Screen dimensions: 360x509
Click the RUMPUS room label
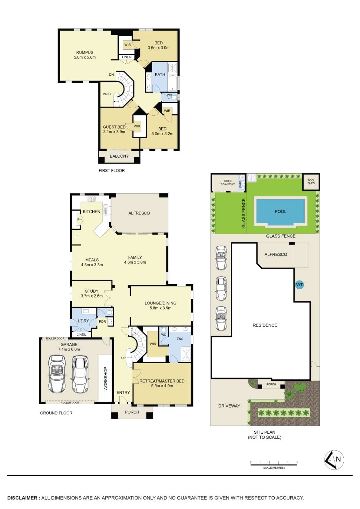85,52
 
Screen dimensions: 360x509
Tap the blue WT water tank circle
299,285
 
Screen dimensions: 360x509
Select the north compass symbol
334,459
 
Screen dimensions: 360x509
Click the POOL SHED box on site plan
311,182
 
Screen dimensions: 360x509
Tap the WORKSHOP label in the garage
105,379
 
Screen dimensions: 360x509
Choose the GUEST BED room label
114,127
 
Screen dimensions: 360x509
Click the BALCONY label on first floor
119,156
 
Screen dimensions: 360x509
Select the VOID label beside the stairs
107,94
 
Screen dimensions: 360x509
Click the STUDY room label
92,291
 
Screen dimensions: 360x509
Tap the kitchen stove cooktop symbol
91,199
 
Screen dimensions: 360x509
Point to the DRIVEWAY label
229,406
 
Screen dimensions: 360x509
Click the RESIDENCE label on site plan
265,325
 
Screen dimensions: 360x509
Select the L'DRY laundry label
83,321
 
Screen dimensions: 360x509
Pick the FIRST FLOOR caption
112,170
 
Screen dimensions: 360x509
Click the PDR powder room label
102,322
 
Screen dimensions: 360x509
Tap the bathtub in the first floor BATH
173,83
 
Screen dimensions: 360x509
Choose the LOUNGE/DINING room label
160,303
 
